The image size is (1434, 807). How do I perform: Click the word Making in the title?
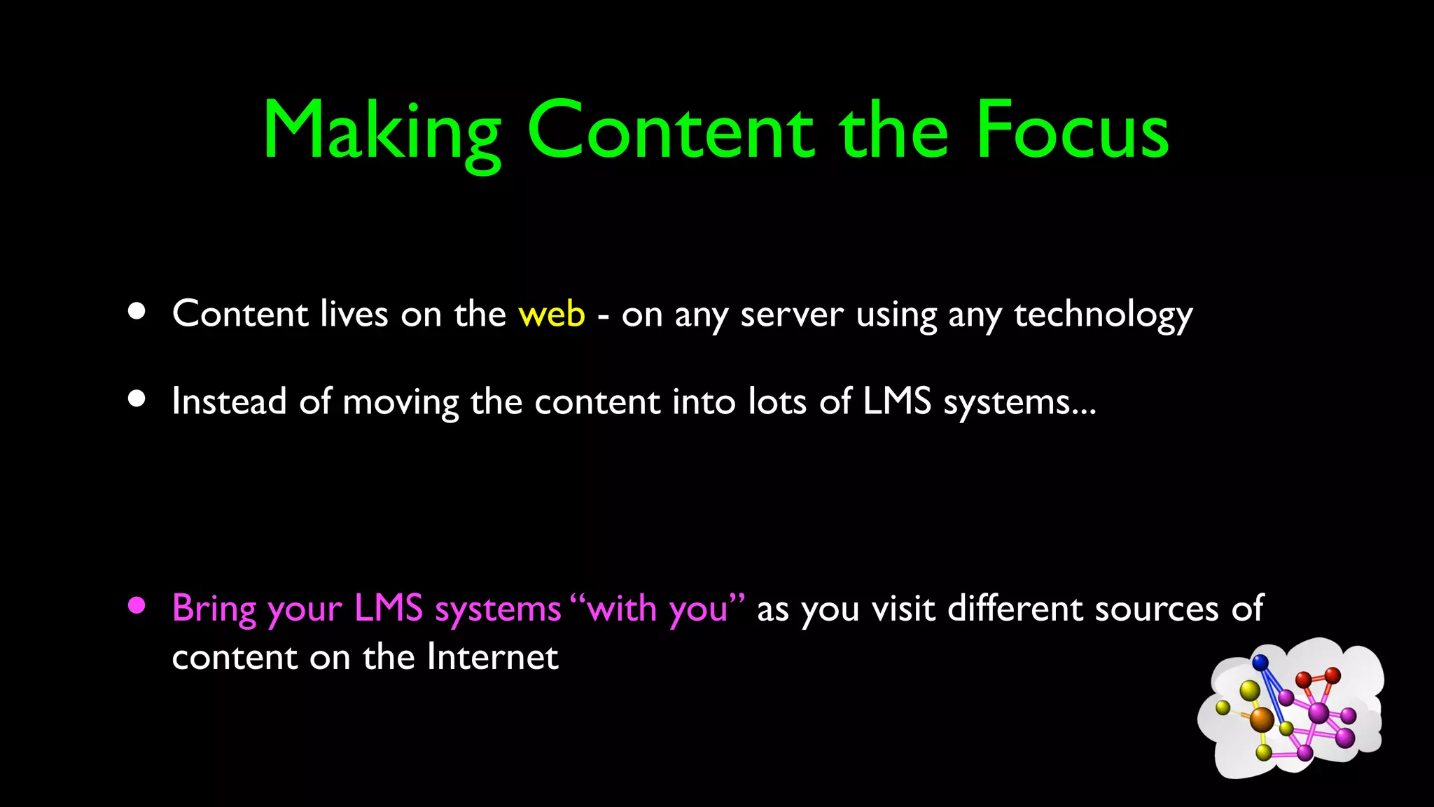(382, 132)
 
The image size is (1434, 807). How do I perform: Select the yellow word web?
(551, 313)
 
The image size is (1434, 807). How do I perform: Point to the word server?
(791, 315)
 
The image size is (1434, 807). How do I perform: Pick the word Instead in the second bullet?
(229, 401)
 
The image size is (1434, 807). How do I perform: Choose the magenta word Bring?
(214, 608)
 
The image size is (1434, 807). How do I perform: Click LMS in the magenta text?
(389, 607)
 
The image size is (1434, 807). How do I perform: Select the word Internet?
(492, 657)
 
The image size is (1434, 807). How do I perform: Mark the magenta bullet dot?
(137, 605)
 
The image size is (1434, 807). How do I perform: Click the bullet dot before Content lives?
(137, 311)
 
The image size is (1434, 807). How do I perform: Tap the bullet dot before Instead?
(137, 399)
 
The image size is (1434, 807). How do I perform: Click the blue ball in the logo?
(1260, 662)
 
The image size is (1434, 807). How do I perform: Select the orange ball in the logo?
(1262, 719)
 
